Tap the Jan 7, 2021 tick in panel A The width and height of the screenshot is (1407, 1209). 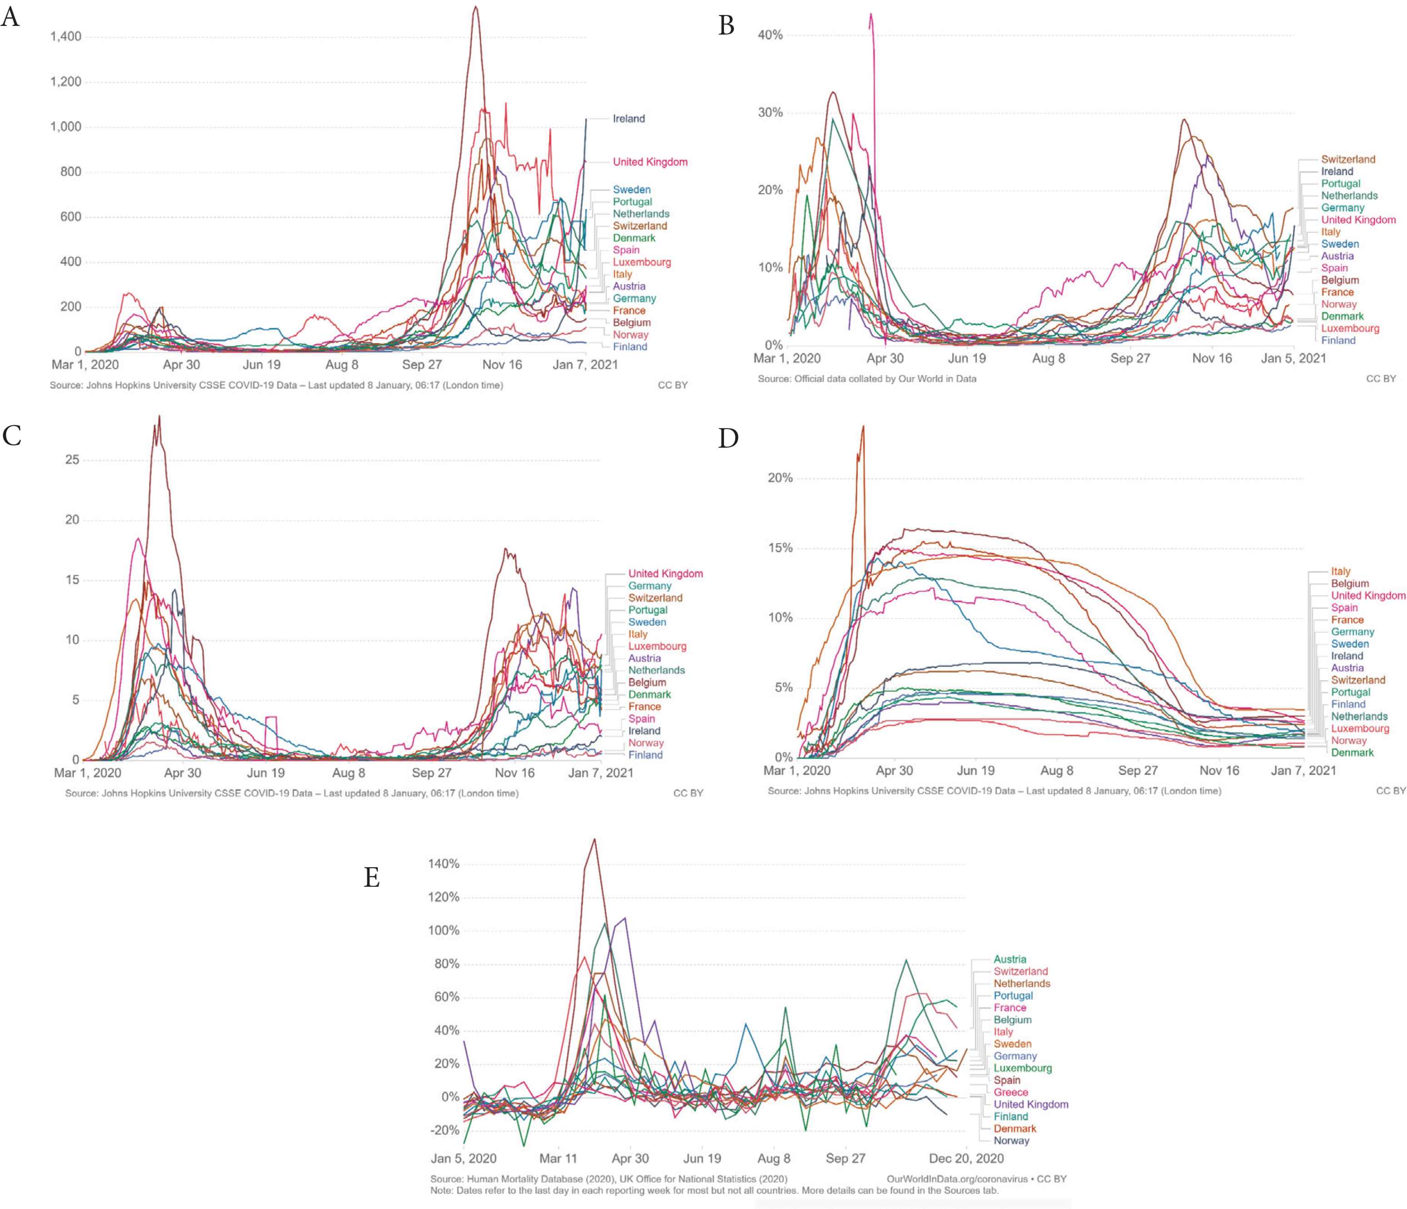(x=585, y=365)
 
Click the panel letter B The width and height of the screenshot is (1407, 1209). (x=726, y=26)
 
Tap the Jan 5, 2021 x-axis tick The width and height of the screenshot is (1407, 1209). (x=1293, y=359)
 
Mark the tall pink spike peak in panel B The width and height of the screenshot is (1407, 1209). (x=871, y=14)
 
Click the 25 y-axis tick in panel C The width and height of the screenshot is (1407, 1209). (x=72, y=460)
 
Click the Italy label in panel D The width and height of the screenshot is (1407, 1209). (x=1341, y=572)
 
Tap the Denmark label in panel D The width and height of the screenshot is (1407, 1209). (x=1352, y=753)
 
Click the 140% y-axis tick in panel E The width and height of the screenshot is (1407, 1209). (x=443, y=864)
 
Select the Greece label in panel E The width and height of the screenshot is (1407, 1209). (x=1010, y=1093)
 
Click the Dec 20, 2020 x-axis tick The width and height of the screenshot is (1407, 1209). (x=965, y=1159)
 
